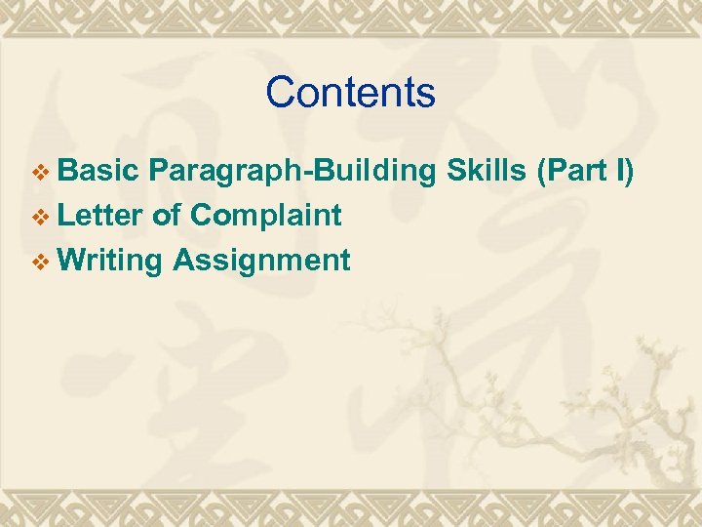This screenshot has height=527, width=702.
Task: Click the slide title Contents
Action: click(350, 93)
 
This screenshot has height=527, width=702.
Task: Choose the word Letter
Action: click(101, 215)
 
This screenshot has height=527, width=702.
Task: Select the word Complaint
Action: click(266, 217)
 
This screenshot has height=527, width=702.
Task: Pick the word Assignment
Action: click(261, 262)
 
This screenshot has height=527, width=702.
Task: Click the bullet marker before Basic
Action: click(40, 174)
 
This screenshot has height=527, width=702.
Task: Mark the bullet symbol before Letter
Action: click(40, 217)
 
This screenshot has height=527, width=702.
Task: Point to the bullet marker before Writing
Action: click(40, 262)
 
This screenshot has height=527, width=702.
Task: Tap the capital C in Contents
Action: click(280, 93)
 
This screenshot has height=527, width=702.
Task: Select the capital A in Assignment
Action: click(184, 260)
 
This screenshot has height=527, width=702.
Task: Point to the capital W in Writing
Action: click(71, 260)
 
